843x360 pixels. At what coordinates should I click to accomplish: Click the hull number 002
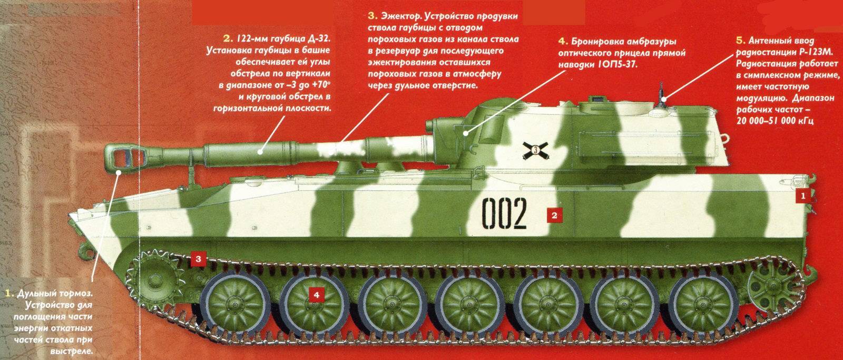point(504,213)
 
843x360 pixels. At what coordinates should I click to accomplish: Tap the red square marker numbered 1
point(803,196)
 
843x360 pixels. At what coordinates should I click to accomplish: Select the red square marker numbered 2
point(554,216)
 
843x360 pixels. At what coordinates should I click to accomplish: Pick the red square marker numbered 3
point(198,259)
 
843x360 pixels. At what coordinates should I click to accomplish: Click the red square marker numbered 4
point(316,295)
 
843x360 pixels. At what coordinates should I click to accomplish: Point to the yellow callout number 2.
point(226,38)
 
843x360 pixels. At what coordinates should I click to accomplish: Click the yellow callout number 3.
point(373,16)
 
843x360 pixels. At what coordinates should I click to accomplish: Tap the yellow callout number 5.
point(740,40)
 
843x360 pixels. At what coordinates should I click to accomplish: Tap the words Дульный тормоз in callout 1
point(55,294)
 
